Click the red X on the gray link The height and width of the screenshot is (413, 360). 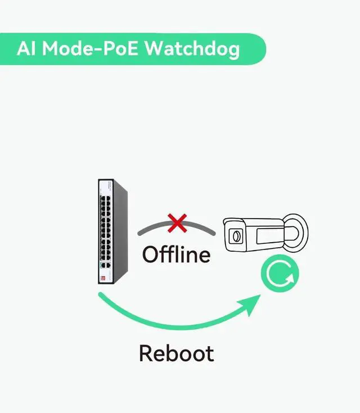coord(177,223)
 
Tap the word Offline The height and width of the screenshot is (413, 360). coord(176,254)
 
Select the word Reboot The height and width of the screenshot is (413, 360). coord(176,353)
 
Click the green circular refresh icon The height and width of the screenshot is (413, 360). coord(280,275)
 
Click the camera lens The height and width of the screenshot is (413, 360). coord(236,236)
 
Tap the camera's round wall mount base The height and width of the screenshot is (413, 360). coord(301,232)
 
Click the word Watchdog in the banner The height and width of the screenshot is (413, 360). coord(192,48)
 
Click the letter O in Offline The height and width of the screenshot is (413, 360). coord(150,255)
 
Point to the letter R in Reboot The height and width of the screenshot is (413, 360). coord(146,353)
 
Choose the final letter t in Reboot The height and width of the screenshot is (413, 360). coord(209,354)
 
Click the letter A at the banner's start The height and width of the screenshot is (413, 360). coord(22,48)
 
